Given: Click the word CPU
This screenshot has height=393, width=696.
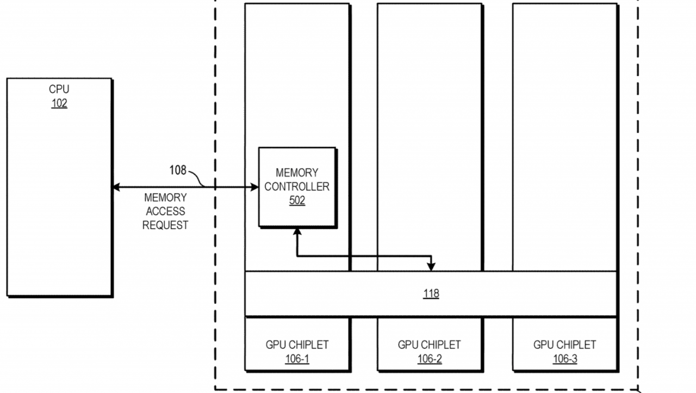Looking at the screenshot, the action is (59, 89).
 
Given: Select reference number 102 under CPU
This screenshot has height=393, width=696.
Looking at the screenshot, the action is (59, 103).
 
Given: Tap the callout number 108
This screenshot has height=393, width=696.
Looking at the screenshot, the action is (178, 170).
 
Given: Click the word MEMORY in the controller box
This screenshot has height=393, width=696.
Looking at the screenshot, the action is (297, 173).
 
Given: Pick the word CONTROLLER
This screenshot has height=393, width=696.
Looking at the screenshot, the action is (297, 187).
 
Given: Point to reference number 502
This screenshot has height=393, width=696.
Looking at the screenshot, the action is (297, 200).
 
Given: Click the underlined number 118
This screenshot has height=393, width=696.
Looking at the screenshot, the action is (431, 293).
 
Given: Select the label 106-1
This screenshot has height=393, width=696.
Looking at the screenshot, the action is (297, 359).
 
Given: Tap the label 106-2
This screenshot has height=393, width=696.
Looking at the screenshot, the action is (430, 359).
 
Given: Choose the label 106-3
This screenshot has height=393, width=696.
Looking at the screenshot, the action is (565, 359).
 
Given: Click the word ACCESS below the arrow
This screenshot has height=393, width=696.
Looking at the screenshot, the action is (165, 211).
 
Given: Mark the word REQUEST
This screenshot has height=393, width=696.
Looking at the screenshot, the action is (165, 225).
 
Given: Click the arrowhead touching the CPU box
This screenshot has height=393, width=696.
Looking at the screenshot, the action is (116, 187).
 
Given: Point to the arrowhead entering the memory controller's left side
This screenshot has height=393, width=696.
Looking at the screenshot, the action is (254, 187).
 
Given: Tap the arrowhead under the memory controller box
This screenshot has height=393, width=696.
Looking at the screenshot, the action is (297, 232).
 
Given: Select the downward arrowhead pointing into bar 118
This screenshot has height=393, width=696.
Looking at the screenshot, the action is (431, 267).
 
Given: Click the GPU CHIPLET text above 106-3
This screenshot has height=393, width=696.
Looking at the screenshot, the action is (565, 345).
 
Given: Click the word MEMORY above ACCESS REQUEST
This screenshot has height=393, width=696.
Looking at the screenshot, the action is (165, 198).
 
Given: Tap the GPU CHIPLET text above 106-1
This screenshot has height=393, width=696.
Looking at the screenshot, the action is (297, 345).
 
